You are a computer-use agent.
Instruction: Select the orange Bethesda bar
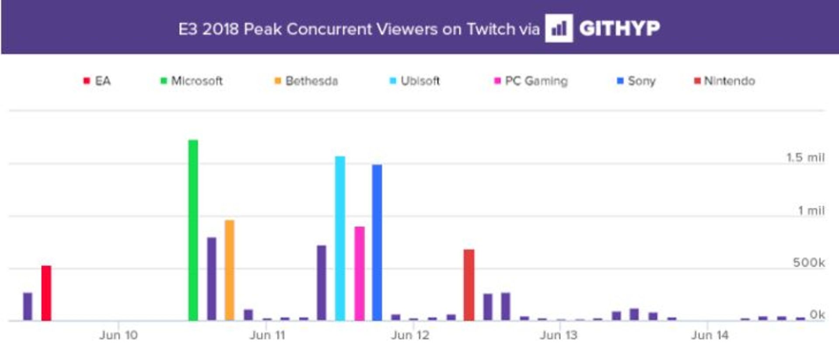tap(229, 270)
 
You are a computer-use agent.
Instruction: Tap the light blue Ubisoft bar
tap(340, 239)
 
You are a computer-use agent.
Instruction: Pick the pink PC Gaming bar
tap(359, 273)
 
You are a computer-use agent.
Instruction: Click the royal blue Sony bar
tap(377, 242)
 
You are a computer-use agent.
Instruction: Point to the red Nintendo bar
tap(469, 285)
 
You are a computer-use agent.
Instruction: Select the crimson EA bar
tap(46, 293)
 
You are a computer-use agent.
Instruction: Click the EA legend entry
tap(97, 81)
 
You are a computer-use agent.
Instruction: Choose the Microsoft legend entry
tap(192, 81)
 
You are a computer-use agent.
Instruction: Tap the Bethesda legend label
tap(312, 81)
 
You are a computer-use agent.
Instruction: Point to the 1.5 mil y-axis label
tap(805, 157)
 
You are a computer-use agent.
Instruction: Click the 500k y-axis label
tap(809, 263)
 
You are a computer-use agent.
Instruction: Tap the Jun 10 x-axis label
tap(118, 335)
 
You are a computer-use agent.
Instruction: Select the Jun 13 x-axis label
tap(558, 335)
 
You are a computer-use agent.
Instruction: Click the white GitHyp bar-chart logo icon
tap(558, 28)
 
